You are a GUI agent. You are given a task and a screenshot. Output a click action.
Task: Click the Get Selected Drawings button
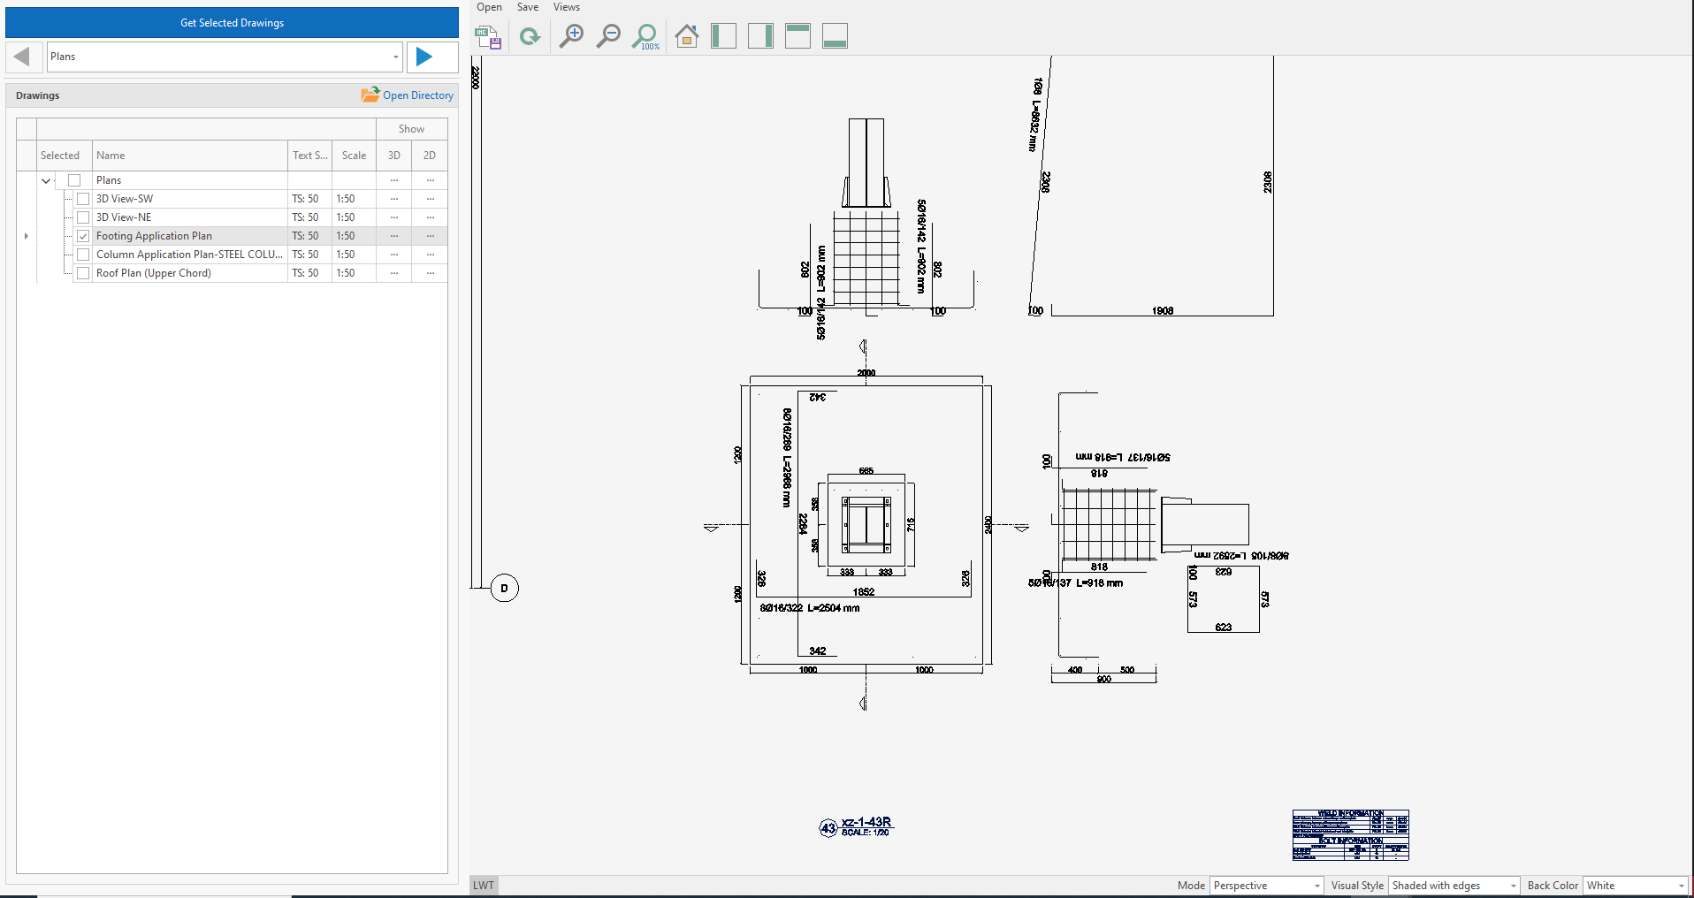click(x=232, y=23)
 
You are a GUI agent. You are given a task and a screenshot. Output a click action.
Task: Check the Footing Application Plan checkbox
click(x=83, y=236)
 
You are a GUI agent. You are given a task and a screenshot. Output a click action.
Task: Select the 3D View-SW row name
click(x=125, y=199)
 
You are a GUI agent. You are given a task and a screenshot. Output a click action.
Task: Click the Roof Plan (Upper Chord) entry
click(x=154, y=273)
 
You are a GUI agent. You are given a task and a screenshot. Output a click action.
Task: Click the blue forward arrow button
click(x=424, y=57)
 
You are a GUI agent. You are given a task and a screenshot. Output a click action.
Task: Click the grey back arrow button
click(x=23, y=57)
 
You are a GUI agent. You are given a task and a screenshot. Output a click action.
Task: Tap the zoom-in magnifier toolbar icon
click(x=572, y=36)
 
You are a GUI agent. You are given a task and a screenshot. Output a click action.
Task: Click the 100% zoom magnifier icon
click(x=646, y=36)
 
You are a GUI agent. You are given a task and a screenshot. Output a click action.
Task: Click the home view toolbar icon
click(x=686, y=36)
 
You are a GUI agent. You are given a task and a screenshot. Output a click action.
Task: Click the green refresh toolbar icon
click(x=530, y=36)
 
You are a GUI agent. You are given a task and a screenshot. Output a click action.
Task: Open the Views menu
click(x=566, y=7)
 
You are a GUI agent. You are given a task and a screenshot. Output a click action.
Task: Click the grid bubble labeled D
click(x=505, y=588)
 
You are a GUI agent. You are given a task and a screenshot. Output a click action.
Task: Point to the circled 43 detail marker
click(x=828, y=828)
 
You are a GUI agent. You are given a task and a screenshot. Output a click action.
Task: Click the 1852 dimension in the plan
click(x=864, y=592)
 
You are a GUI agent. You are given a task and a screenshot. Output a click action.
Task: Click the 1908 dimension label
click(x=1163, y=311)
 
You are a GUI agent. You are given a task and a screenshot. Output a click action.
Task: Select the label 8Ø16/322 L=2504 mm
click(x=810, y=608)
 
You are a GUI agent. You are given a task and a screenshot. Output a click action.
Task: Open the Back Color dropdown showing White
click(x=1636, y=886)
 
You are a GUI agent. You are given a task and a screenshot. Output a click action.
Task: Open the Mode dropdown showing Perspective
click(x=1266, y=886)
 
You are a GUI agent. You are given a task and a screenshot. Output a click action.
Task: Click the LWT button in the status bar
click(x=484, y=886)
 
